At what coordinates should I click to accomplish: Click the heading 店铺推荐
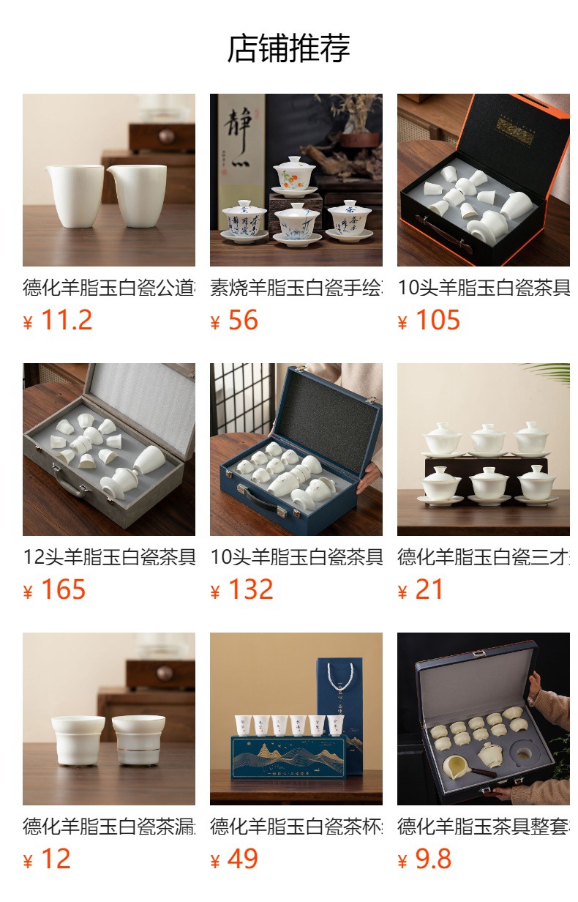coord(289,48)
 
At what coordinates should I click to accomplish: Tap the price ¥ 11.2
coord(58,321)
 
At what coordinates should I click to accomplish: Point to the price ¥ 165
coord(55,590)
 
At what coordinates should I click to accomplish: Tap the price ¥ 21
coord(421,590)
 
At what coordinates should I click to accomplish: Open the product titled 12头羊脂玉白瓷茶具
coord(109,557)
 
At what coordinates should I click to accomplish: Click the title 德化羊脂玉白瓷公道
coord(109,288)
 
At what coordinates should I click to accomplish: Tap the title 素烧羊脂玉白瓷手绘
coord(296,288)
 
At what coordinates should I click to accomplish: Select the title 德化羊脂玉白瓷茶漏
coord(109,827)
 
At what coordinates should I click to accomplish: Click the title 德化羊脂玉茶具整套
coord(484,827)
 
